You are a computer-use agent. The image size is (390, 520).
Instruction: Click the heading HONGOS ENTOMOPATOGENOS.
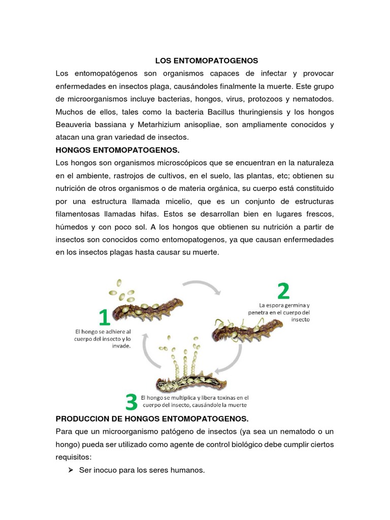(x=117, y=150)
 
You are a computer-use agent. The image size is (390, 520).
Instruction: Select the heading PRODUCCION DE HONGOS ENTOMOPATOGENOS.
(x=152, y=418)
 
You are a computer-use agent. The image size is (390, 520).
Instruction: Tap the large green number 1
(x=104, y=318)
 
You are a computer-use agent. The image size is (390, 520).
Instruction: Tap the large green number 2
(x=283, y=291)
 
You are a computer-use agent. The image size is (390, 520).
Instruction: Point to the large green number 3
(x=131, y=402)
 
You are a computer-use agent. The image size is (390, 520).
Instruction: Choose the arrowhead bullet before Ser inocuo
(x=71, y=470)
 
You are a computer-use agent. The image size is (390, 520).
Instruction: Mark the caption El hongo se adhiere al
(x=103, y=331)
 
